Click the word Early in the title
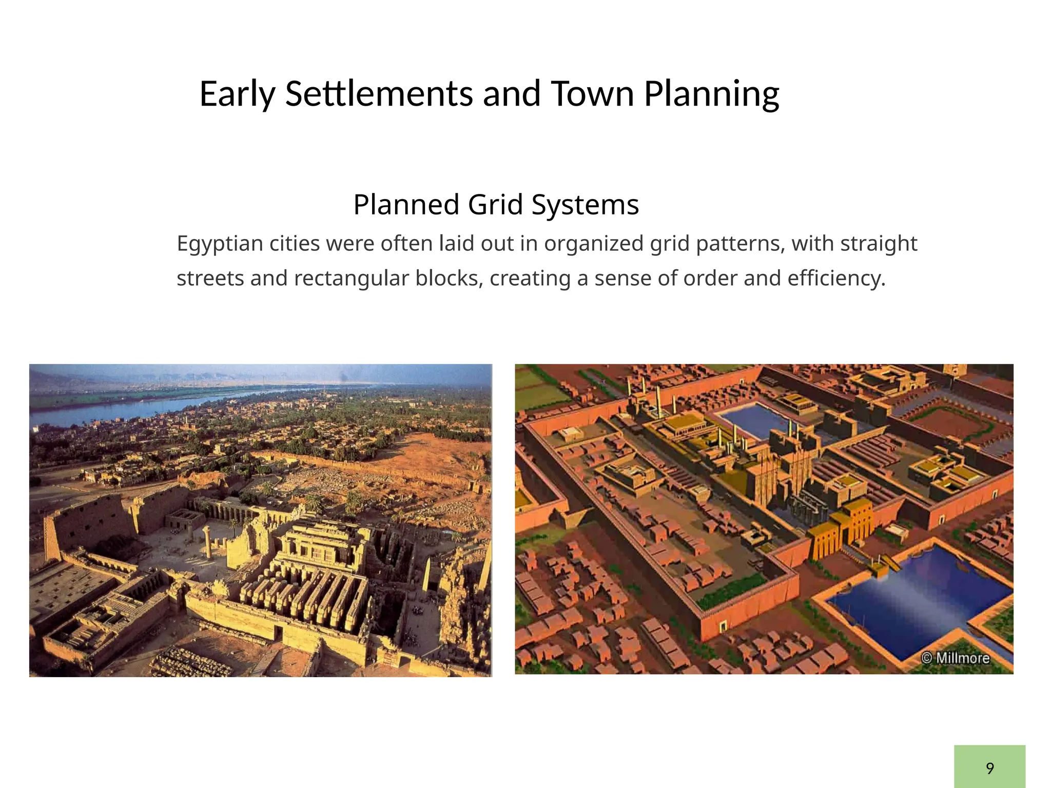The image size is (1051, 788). point(237,94)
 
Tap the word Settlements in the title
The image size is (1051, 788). point(379,94)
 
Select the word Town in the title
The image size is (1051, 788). point(592,94)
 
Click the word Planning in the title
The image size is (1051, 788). point(711,94)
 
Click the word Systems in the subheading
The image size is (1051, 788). point(585,204)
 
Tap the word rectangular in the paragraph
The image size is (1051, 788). point(351,279)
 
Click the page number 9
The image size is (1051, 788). point(989,768)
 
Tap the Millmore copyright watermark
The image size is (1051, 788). point(955,657)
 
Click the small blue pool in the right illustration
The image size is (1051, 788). point(754,418)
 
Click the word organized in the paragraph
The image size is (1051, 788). point(593,244)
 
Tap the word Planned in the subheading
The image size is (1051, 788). point(406,204)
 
